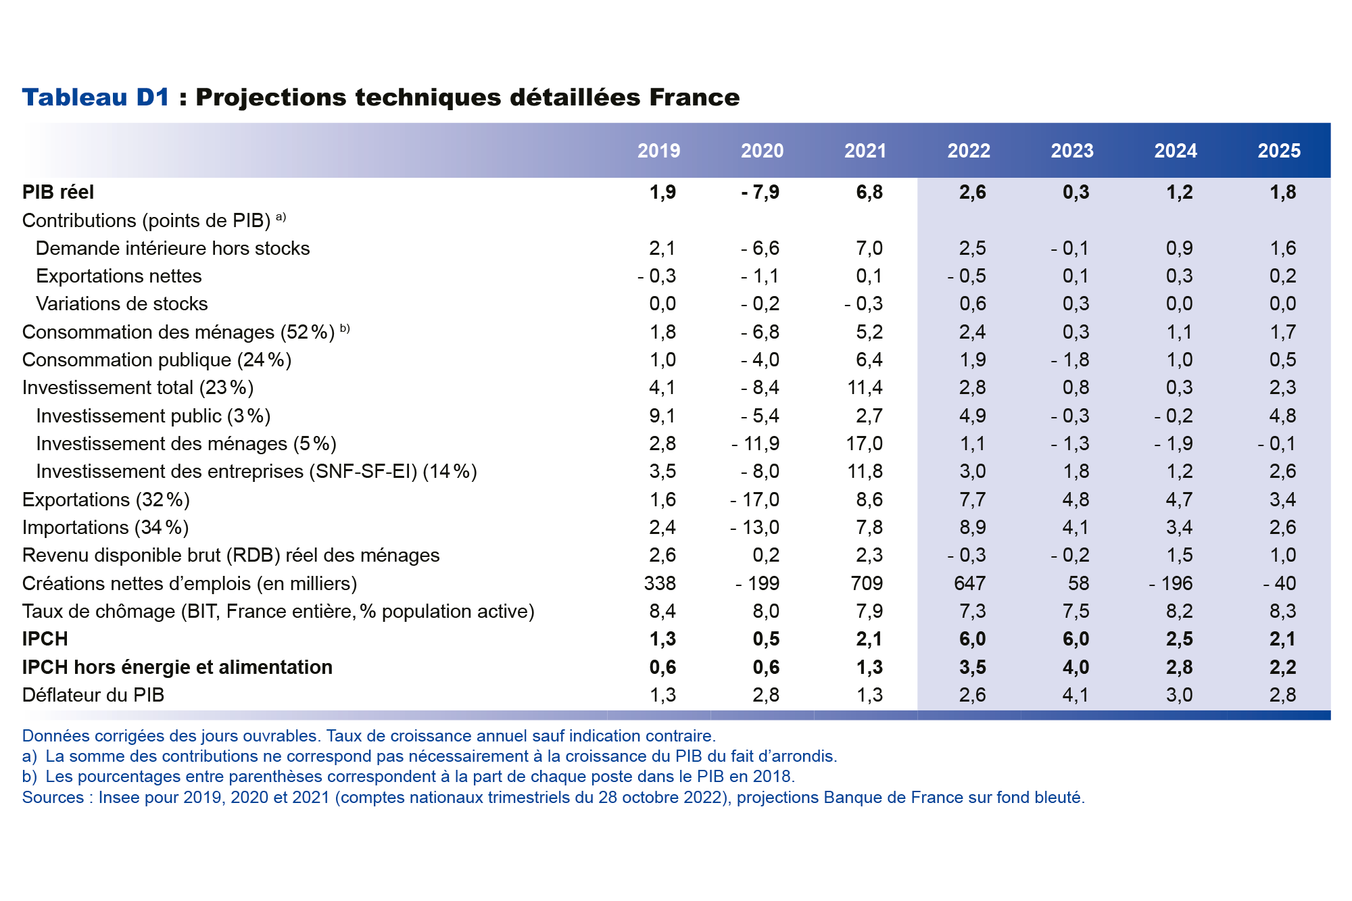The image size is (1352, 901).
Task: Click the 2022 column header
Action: point(968,151)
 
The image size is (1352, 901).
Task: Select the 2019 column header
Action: point(658,151)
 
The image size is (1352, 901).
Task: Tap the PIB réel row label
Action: point(58,192)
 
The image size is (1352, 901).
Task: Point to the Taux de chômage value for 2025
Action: point(1282,611)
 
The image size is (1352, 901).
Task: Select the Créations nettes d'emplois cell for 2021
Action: point(867,583)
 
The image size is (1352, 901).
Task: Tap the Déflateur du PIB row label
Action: point(93,695)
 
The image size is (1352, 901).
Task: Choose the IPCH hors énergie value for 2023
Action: point(1076,667)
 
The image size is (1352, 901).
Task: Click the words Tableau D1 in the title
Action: point(95,97)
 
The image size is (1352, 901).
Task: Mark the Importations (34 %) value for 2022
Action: point(972,527)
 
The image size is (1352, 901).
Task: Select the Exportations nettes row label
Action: point(118,276)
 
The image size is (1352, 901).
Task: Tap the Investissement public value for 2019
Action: point(662,416)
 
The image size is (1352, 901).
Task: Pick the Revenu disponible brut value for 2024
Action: point(1179,555)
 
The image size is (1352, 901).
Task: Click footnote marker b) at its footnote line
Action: point(29,777)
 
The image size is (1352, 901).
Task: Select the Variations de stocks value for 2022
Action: point(972,303)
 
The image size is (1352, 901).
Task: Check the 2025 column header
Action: point(1278,151)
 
